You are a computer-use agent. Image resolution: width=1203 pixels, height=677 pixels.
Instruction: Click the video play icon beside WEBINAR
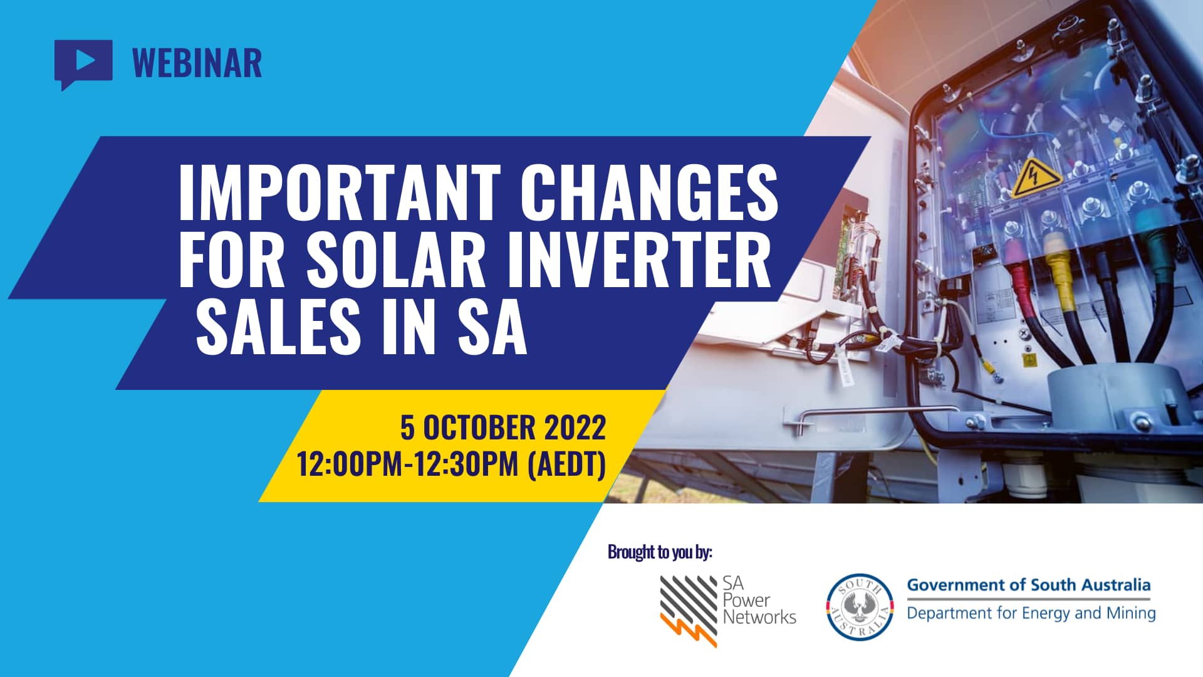tap(83, 61)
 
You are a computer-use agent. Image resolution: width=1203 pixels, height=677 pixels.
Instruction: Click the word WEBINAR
tap(197, 63)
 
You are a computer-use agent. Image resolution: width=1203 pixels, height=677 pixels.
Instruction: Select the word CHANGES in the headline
tap(648, 192)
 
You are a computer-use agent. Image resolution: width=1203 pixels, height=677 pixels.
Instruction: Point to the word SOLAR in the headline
tap(396, 260)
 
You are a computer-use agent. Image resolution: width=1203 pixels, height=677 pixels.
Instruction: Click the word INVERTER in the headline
tap(639, 260)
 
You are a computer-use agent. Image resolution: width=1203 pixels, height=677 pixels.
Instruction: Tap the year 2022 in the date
tap(575, 428)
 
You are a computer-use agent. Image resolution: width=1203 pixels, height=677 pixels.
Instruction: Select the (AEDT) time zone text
tap(567, 464)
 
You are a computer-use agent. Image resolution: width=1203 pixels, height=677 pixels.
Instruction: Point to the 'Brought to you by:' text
tap(660, 552)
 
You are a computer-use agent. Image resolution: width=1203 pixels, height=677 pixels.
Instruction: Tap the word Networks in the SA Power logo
tap(759, 617)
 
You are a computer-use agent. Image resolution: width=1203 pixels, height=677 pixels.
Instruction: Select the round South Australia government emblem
tap(859, 607)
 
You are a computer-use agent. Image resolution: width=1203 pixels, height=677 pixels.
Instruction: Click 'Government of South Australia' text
tap(1028, 585)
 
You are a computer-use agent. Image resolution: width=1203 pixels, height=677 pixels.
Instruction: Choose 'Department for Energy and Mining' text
tap(1031, 613)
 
